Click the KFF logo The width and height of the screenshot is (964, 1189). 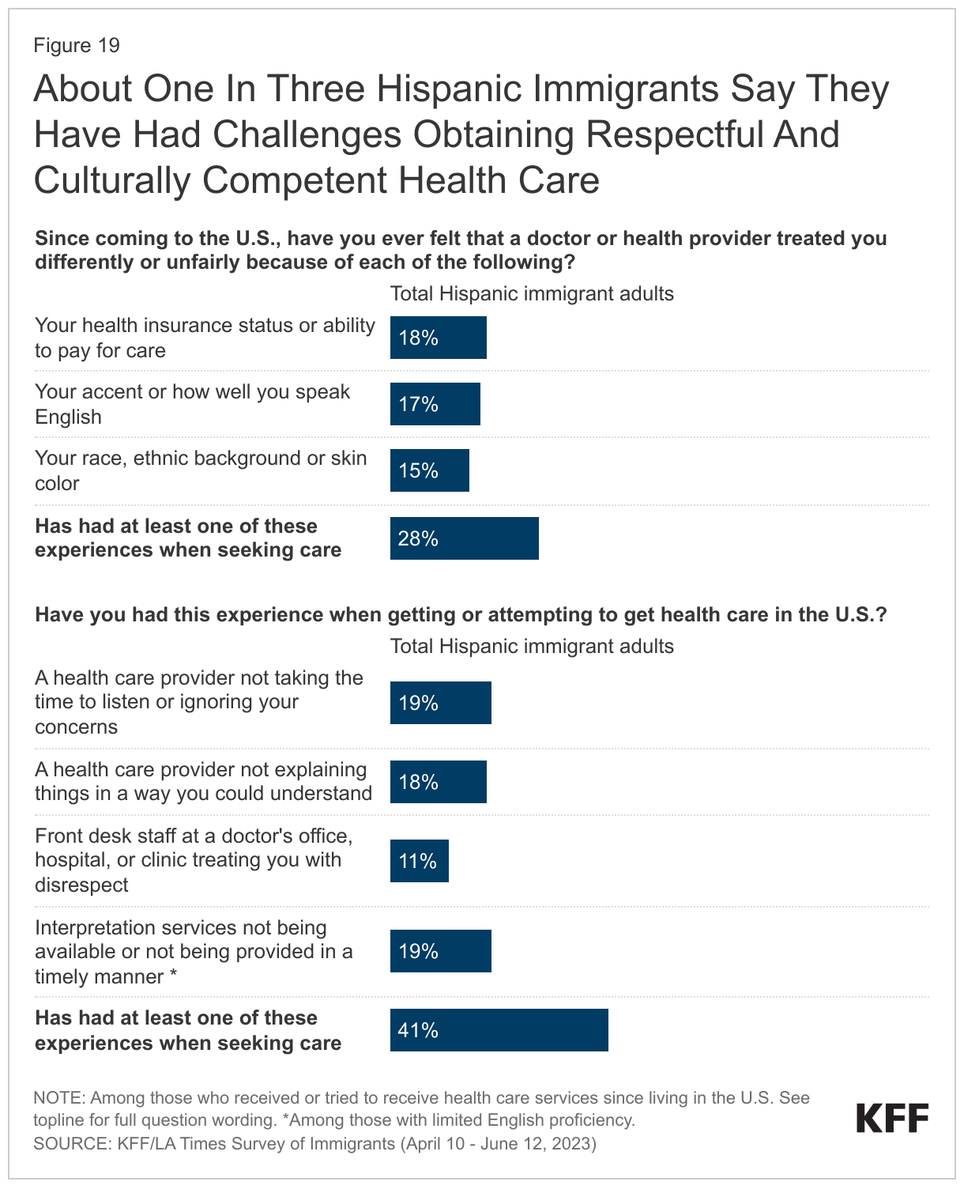tap(892, 1119)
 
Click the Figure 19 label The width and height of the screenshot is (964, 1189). tap(77, 45)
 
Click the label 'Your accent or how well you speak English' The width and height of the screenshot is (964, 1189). tap(192, 404)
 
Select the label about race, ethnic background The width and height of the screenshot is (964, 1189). tap(201, 470)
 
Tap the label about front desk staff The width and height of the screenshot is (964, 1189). tap(194, 860)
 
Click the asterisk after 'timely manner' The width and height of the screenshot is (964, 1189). tap(172, 977)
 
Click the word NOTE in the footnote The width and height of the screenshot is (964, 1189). tap(58, 1097)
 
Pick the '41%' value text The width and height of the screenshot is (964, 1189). tap(418, 1030)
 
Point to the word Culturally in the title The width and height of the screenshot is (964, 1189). tap(111, 180)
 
